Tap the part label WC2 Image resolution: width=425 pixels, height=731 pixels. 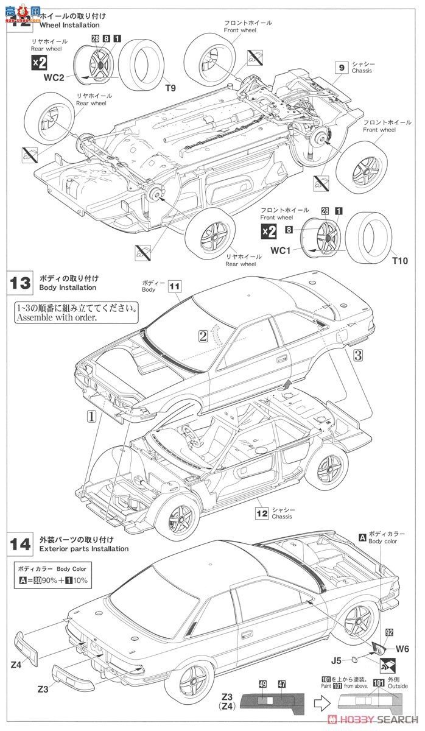click(x=54, y=77)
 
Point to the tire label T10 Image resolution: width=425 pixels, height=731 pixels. click(x=399, y=261)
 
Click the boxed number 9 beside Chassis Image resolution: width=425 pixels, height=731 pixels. click(x=342, y=68)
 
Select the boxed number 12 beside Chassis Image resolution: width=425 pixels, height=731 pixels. click(x=262, y=513)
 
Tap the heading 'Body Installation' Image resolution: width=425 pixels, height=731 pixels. click(x=68, y=287)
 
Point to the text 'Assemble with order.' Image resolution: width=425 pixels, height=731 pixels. click(x=56, y=317)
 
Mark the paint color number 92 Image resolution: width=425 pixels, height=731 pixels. click(x=388, y=632)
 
